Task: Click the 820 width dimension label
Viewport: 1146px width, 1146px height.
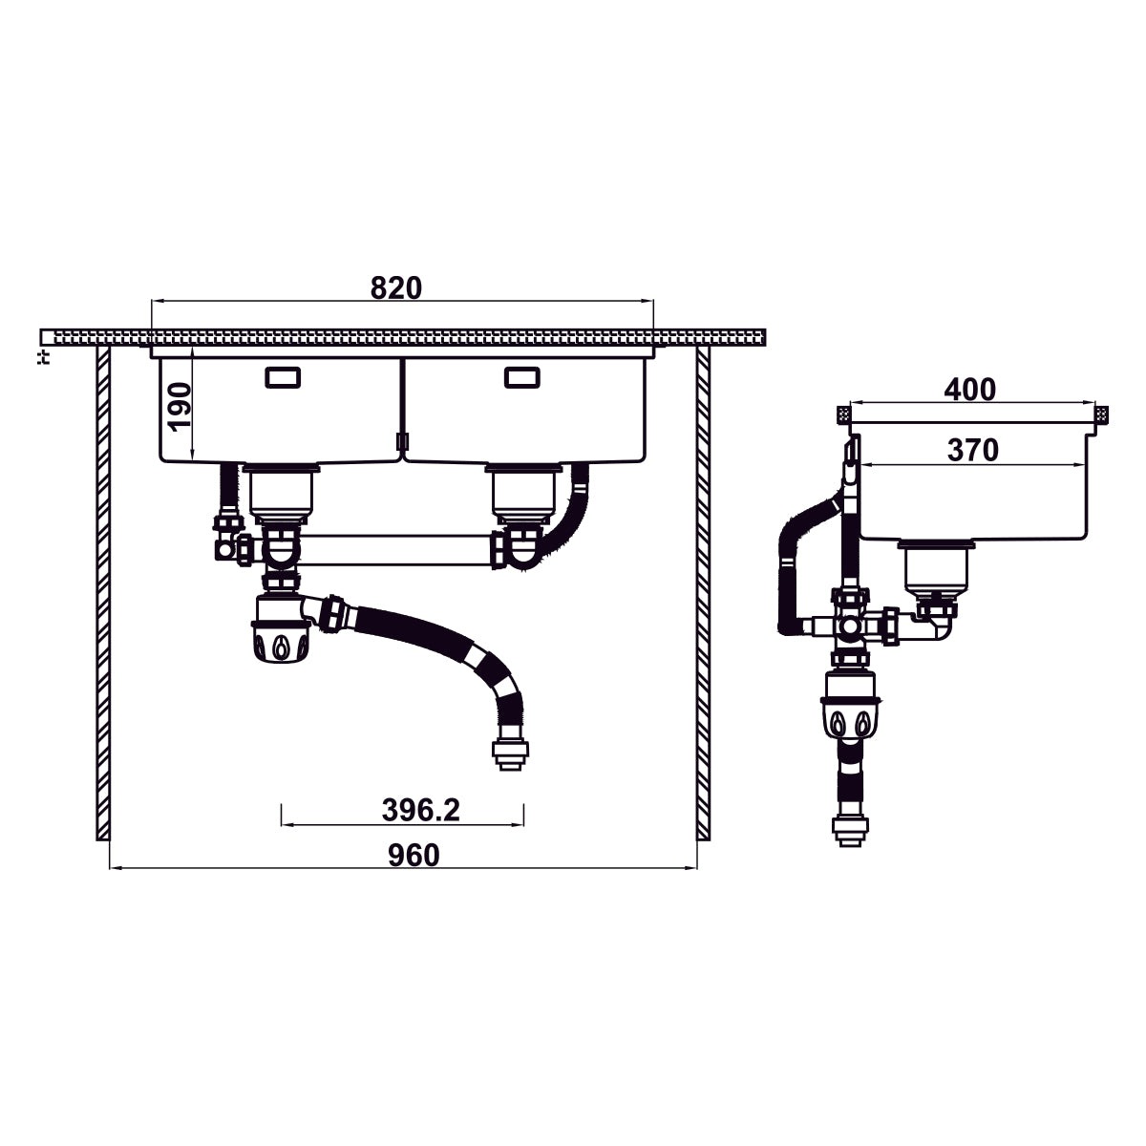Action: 396,287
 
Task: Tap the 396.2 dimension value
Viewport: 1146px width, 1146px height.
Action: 421,811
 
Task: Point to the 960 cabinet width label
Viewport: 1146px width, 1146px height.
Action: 414,855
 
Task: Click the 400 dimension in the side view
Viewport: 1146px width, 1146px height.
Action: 969,390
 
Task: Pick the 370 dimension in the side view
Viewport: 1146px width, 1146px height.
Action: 972,450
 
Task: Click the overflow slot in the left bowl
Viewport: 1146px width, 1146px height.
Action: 282,378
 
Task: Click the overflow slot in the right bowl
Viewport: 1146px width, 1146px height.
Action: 521,378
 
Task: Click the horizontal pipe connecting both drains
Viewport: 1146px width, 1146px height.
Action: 396,552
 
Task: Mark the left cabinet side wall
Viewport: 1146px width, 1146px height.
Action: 102,592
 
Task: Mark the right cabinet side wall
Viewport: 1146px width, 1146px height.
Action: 704,592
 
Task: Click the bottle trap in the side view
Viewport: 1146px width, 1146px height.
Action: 850,711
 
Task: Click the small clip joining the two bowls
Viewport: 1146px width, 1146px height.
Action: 401,440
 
